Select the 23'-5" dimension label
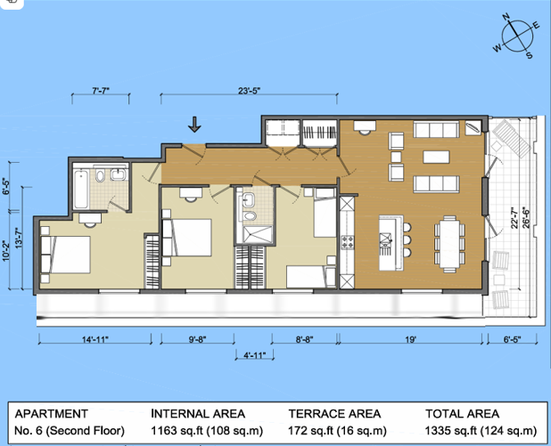pos(249,90)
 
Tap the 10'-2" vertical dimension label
pos(7,255)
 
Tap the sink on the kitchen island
pos(385,239)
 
